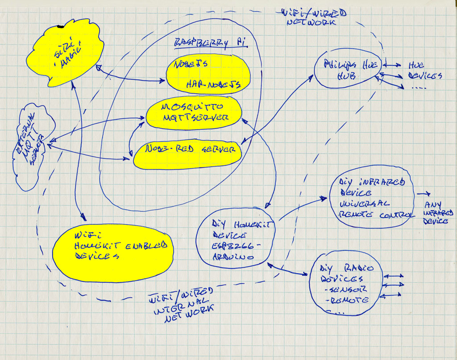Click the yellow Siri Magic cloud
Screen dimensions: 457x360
click(x=65, y=56)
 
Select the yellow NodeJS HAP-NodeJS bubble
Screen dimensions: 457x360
click(x=208, y=74)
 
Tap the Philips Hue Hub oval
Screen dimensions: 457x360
click(x=346, y=71)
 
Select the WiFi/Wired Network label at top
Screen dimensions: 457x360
click(x=308, y=17)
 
